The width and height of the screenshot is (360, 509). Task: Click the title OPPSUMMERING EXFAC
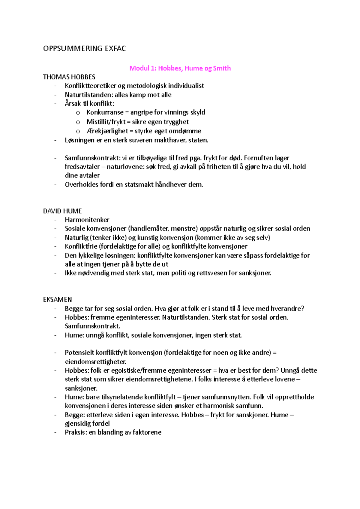pyautogui.click(x=84, y=49)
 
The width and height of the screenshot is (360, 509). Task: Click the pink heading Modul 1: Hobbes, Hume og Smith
pyautogui.click(x=180, y=68)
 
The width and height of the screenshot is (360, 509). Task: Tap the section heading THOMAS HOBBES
pyautogui.click(x=69, y=77)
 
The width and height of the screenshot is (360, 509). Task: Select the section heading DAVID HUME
pyautogui.click(x=62, y=211)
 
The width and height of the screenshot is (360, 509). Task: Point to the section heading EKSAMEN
pyautogui.click(x=57, y=299)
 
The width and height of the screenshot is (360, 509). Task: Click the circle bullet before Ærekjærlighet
pyautogui.click(x=78, y=131)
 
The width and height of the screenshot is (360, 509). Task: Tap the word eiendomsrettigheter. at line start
pyautogui.click(x=95, y=362)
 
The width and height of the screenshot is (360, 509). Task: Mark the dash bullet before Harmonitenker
pyautogui.click(x=55, y=220)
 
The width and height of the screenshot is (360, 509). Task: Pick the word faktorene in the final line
pyautogui.click(x=147, y=432)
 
